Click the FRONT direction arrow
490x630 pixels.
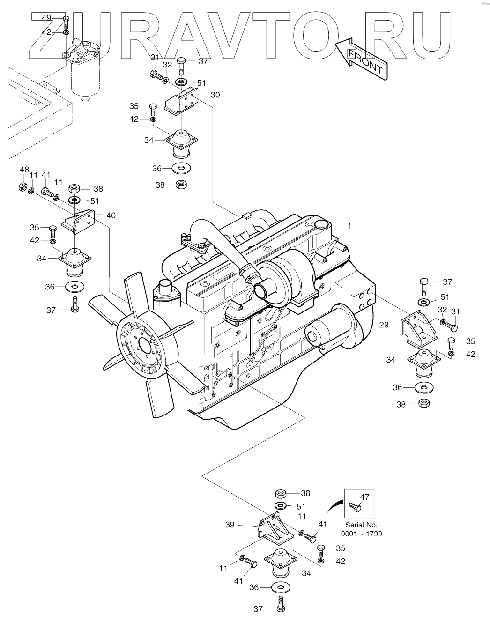361,58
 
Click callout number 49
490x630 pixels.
47,18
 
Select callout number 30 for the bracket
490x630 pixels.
215,95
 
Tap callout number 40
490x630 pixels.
111,215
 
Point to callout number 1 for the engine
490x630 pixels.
349,225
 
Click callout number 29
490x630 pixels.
384,324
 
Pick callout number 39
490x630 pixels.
230,525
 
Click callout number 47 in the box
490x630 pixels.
365,497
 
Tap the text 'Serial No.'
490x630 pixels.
361,525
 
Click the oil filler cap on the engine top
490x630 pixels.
321,224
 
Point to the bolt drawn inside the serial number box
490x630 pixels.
355,506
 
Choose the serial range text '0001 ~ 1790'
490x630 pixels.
362,534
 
